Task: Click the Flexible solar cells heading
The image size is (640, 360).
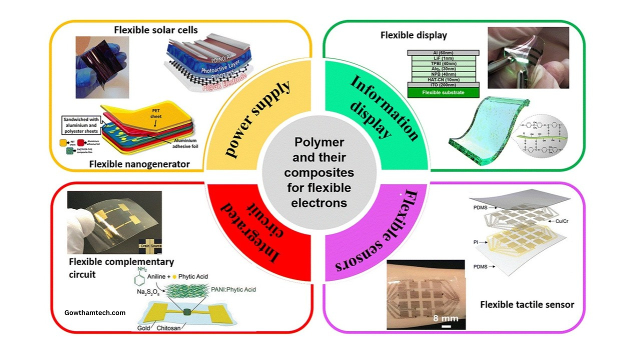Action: point(155,30)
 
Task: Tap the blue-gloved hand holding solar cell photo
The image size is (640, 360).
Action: point(102,67)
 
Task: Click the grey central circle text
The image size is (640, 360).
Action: point(320,172)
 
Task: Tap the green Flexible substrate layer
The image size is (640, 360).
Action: point(443,92)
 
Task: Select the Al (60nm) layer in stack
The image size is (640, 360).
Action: point(443,52)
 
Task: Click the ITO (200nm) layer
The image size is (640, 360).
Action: point(443,84)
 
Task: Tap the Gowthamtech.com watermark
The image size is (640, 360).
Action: point(95,312)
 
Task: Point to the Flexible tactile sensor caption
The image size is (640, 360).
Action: point(527,304)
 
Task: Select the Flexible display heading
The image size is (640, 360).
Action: point(413,35)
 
